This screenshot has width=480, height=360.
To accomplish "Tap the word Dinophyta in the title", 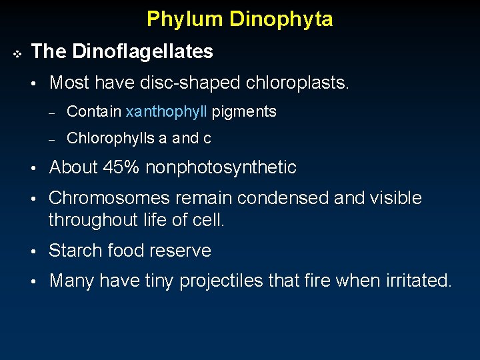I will (x=281, y=19).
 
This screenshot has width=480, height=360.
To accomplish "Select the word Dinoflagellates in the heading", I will (x=142, y=51).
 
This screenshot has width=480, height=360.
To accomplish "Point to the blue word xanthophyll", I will (x=166, y=112).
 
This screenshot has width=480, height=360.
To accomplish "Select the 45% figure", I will (x=121, y=167).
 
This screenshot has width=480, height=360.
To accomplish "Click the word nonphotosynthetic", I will (x=220, y=167).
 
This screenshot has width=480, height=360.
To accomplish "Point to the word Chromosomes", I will (x=109, y=198).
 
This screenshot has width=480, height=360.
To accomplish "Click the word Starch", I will (x=73, y=251).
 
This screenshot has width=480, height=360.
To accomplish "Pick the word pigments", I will (x=244, y=112).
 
